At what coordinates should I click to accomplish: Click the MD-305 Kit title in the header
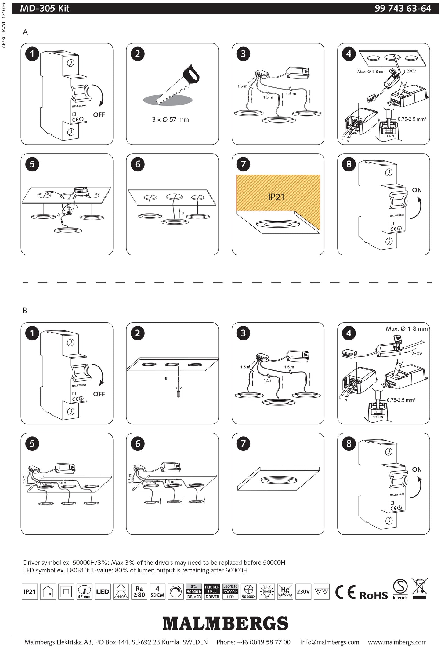click(x=45, y=8)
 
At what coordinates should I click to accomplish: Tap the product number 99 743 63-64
click(x=403, y=8)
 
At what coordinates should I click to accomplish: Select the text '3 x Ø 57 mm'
click(x=170, y=119)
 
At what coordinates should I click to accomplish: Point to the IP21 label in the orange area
click(x=276, y=197)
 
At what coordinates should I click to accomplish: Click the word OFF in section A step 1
click(x=99, y=115)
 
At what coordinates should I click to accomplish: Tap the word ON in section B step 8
click(x=417, y=469)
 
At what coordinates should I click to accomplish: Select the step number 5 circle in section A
click(x=32, y=164)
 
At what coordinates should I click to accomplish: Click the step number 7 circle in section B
click(x=243, y=443)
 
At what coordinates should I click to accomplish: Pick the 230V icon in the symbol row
click(x=303, y=591)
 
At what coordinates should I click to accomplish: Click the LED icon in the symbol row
click(x=103, y=592)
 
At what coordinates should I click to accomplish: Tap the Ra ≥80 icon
click(x=139, y=592)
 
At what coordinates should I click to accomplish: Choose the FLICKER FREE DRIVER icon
click(x=212, y=592)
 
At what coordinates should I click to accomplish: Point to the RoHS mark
click(x=374, y=595)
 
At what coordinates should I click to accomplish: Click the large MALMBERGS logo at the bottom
click(x=225, y=623)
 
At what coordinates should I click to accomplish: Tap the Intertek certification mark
click(x=400, y=590)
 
